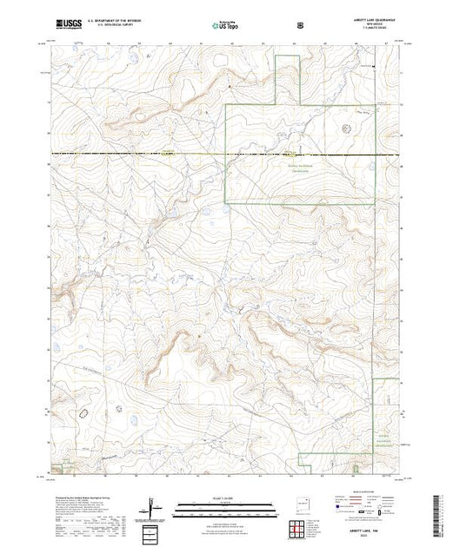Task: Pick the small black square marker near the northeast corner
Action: point(373,65)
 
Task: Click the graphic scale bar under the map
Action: point(223,509)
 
